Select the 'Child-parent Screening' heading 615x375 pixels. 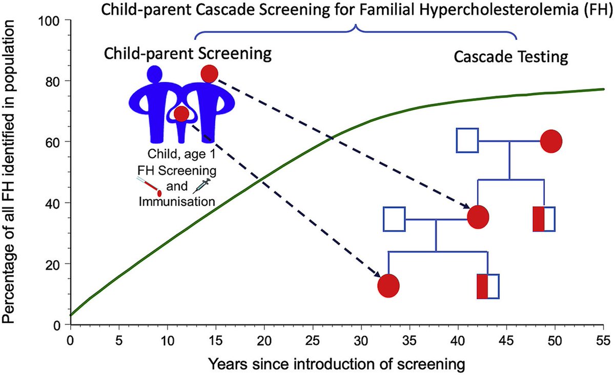tap(187, 54)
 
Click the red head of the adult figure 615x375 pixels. tap(210, 74)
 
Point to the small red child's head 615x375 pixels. tap(181, 114)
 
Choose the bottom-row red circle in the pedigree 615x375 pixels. tap(388, 285)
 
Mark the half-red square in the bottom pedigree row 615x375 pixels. tap(488, 286)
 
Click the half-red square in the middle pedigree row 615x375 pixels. tap(544, 219)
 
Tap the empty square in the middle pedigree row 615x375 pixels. tap(394, 219)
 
